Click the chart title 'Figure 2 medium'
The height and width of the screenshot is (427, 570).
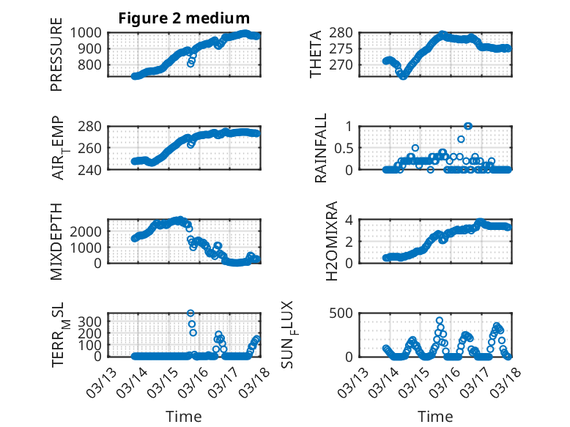(x=184, y=18)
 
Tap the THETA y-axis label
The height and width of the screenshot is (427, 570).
(x=316, y=54)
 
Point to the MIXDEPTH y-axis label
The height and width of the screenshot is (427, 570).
(x=56, y=241)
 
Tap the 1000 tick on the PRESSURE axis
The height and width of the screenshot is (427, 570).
(x=91, y=32)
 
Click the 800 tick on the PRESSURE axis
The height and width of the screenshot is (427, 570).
(x=95, y=64)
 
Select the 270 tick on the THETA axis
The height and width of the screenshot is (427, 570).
(x=347, y=64)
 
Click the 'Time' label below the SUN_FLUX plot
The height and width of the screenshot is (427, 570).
(x=435, y=417)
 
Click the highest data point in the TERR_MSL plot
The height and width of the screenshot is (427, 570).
(x=190, y=313)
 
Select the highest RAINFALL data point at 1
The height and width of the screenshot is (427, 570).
(x=468, y=126)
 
